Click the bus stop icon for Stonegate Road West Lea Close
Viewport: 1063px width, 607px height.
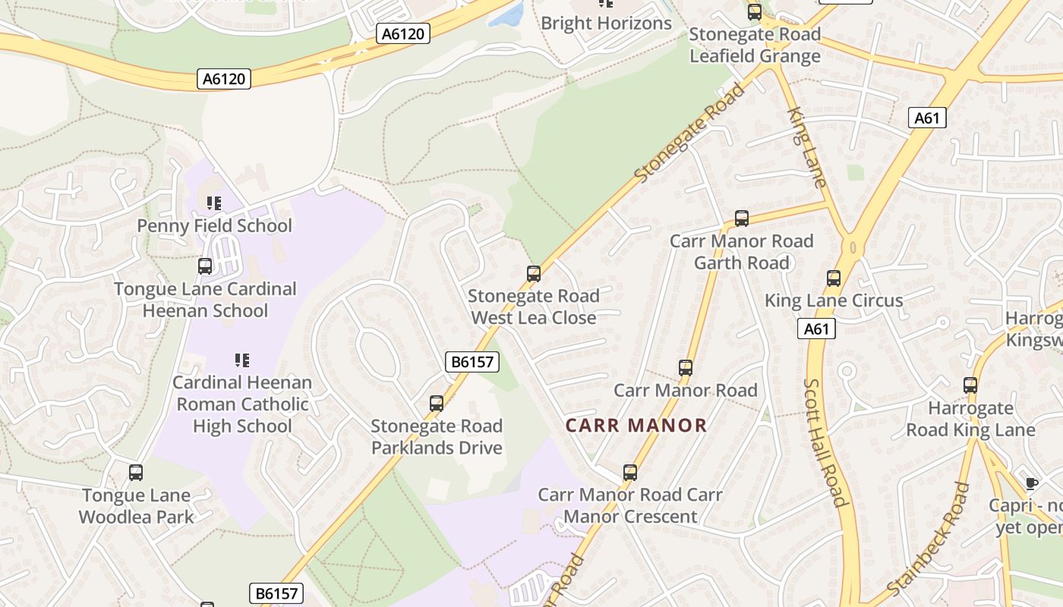pos(534,274)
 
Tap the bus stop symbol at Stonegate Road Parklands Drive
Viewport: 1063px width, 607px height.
pos(437,404)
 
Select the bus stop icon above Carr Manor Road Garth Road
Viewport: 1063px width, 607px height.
pos(742,219)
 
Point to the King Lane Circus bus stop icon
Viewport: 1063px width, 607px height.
pos(834,278)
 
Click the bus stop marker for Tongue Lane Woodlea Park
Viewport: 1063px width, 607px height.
pos(136,473)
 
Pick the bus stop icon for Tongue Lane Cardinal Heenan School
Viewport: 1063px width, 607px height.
pos(205,266)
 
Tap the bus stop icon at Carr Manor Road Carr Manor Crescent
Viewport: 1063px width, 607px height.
pos(630,473)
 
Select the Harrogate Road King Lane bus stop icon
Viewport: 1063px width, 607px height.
pos(970,385)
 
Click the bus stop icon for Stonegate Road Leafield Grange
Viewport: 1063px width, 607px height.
pos(754,12)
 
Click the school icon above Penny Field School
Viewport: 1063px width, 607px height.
pos(214,203)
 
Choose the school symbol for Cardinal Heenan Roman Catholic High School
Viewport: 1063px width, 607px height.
pos(242,360)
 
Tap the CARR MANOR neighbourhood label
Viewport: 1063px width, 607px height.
pos(636,426)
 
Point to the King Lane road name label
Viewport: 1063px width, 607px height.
pos(806,147)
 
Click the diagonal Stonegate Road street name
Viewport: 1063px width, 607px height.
pos(689,134)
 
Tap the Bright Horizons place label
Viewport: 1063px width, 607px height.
pos(606,24)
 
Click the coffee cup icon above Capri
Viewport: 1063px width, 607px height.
pos(1031,483)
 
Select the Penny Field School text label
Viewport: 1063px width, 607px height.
pos(214,226)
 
